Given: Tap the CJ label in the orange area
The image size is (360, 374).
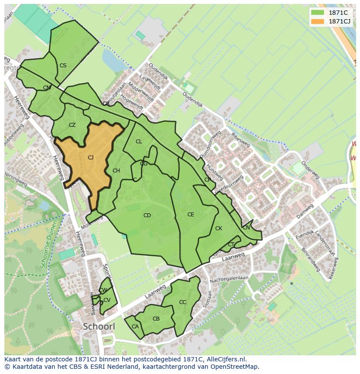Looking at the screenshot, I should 90,158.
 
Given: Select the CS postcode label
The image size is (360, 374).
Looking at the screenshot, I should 63,66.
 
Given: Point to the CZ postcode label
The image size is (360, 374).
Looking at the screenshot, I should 72,125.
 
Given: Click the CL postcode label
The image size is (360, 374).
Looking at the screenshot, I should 139,142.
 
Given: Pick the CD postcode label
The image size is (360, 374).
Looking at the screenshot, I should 147,215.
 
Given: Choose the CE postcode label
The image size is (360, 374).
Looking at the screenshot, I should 190,215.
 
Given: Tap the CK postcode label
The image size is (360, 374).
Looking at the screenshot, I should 219,228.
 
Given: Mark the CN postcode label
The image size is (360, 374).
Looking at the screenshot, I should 246,228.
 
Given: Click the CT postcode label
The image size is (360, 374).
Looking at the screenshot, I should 231,245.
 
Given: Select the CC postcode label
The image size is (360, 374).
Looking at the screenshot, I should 183,302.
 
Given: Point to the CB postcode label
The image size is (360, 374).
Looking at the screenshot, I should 156,319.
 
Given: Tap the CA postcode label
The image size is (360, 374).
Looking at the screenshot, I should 135,327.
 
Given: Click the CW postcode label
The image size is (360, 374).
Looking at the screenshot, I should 103,290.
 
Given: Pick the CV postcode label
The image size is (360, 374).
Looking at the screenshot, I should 107,300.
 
